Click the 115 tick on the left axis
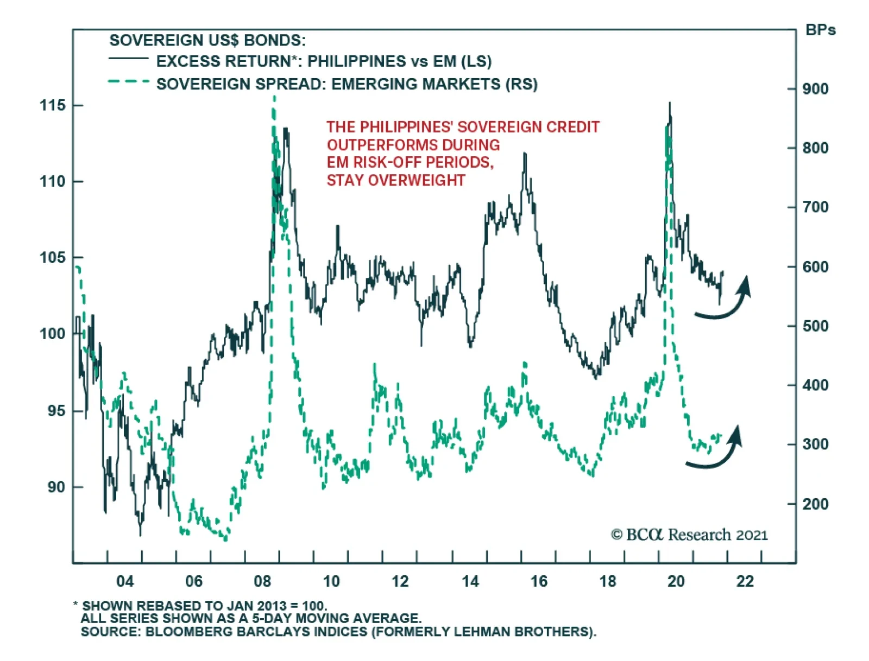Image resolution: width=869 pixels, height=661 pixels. (x=52, y=105)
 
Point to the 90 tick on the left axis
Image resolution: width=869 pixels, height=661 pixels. (x=56, y=487)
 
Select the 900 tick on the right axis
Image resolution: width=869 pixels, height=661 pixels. (x=815, y=89)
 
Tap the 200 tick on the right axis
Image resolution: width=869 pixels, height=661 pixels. (x=815, y=504)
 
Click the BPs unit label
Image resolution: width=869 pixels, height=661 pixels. (x=820, y=30)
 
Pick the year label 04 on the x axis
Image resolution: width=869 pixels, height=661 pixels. (x=125, y=581)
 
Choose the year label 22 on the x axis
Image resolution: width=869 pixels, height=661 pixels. (x=745, y=581)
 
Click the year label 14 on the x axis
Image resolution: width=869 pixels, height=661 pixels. (x=470, y=581)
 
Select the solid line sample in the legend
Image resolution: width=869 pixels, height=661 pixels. (x=128, y=58)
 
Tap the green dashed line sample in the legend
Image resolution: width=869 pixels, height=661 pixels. (x=128, y=82)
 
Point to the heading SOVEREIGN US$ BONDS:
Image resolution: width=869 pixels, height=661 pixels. (x=207, y=40)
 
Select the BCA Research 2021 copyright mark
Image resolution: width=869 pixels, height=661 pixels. (x=689, y=535)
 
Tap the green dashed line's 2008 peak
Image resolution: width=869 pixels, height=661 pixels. (x=274, y=98)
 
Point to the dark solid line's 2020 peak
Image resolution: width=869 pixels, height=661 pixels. (x=670, y=103)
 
